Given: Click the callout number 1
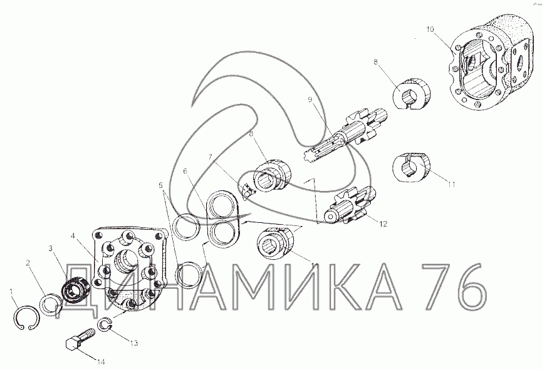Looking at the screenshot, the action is pyautogui.click(x=12, y=292).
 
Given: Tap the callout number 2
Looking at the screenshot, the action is pyautogui.click(x=28, y=263).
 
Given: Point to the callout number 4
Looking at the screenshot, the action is pyautogui.click(x=73, y=237).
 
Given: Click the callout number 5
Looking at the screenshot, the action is pyautogui.click(x=160, y=185).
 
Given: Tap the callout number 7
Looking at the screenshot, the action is pyautogui.click(x=209, y=157).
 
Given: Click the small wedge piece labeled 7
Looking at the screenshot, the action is pyautogui.click(x=248, y=192).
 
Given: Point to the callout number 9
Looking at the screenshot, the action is pyautogui.click(x=310, y=100).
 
